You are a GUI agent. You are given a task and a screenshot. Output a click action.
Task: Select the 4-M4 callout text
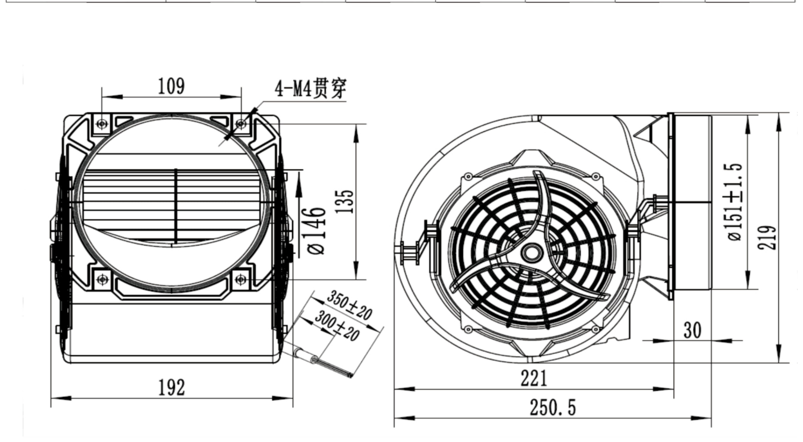(x=310, y=88)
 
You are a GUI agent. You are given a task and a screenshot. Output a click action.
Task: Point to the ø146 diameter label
(x=316, y=231)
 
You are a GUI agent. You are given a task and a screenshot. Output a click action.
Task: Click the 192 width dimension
(x=171, y=387)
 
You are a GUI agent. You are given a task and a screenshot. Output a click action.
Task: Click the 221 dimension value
(x=534, y=378)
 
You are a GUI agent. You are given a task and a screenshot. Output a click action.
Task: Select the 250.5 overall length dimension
(x=553, y=408)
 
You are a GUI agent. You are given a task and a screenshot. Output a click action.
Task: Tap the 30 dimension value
(x=692, y=330)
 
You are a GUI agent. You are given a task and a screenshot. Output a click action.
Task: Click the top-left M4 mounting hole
(x=102, y=124)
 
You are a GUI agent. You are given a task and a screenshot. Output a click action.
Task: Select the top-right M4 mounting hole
(x=241, y=124)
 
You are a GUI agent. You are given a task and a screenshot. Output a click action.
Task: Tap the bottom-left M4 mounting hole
(x=102, y=279)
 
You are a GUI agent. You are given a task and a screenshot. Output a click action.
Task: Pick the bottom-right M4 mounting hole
(x=241, y=279)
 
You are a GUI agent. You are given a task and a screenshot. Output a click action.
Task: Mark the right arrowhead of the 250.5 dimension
(x=701, y=418)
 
